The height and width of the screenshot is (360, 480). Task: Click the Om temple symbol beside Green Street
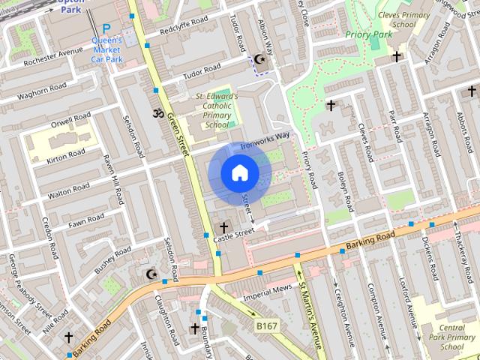157,113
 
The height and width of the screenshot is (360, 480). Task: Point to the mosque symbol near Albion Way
260,59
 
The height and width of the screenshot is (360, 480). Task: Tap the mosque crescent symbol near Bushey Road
151,274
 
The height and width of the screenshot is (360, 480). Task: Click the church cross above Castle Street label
223,226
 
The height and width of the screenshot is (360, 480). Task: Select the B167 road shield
266,326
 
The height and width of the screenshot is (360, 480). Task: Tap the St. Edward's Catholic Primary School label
217,111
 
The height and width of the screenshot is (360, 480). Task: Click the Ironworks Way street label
265,138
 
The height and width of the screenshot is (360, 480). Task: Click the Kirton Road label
67,154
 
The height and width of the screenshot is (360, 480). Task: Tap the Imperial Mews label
267,289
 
